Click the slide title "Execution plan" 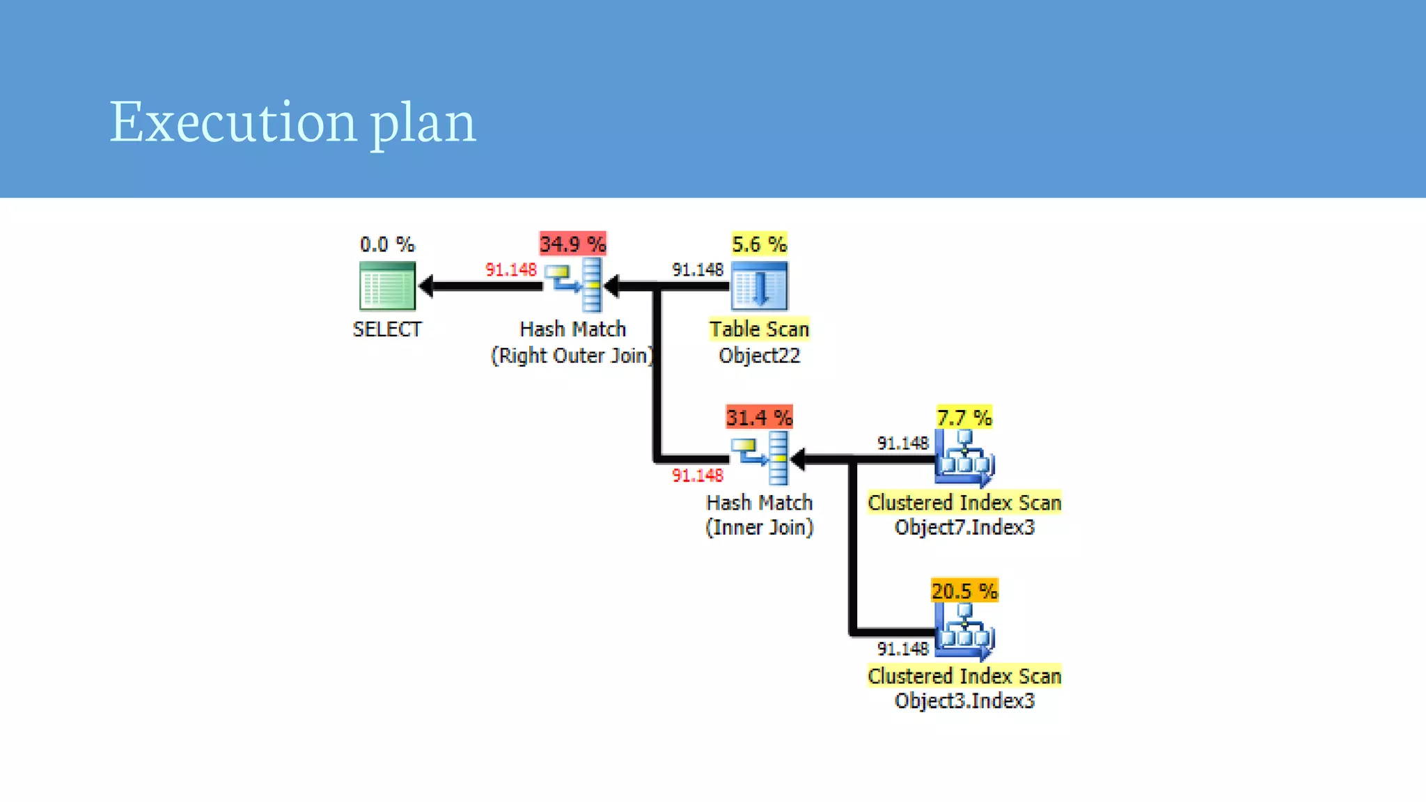click(292, 123)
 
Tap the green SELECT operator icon click(387, 285)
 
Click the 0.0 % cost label click(387, 244)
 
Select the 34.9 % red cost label click(572, 244)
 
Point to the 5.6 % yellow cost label click(759, 244)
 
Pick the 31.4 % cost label click(759, 418)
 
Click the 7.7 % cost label click(964, 418)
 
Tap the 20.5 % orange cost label click(964, 591)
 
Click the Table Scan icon click(759, 285)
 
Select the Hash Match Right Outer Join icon click(573, 285)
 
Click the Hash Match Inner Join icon click(760, 458)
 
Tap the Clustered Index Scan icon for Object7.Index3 click(964, 458)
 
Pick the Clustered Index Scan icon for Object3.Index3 click(964, 631)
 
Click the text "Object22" click(759, 356)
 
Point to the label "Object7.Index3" click(964, 527)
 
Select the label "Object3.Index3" click(964, 700)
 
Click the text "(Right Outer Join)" click(572, 356)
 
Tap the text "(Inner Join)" click(759, 528)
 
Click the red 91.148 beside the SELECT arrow click(510, 269)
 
